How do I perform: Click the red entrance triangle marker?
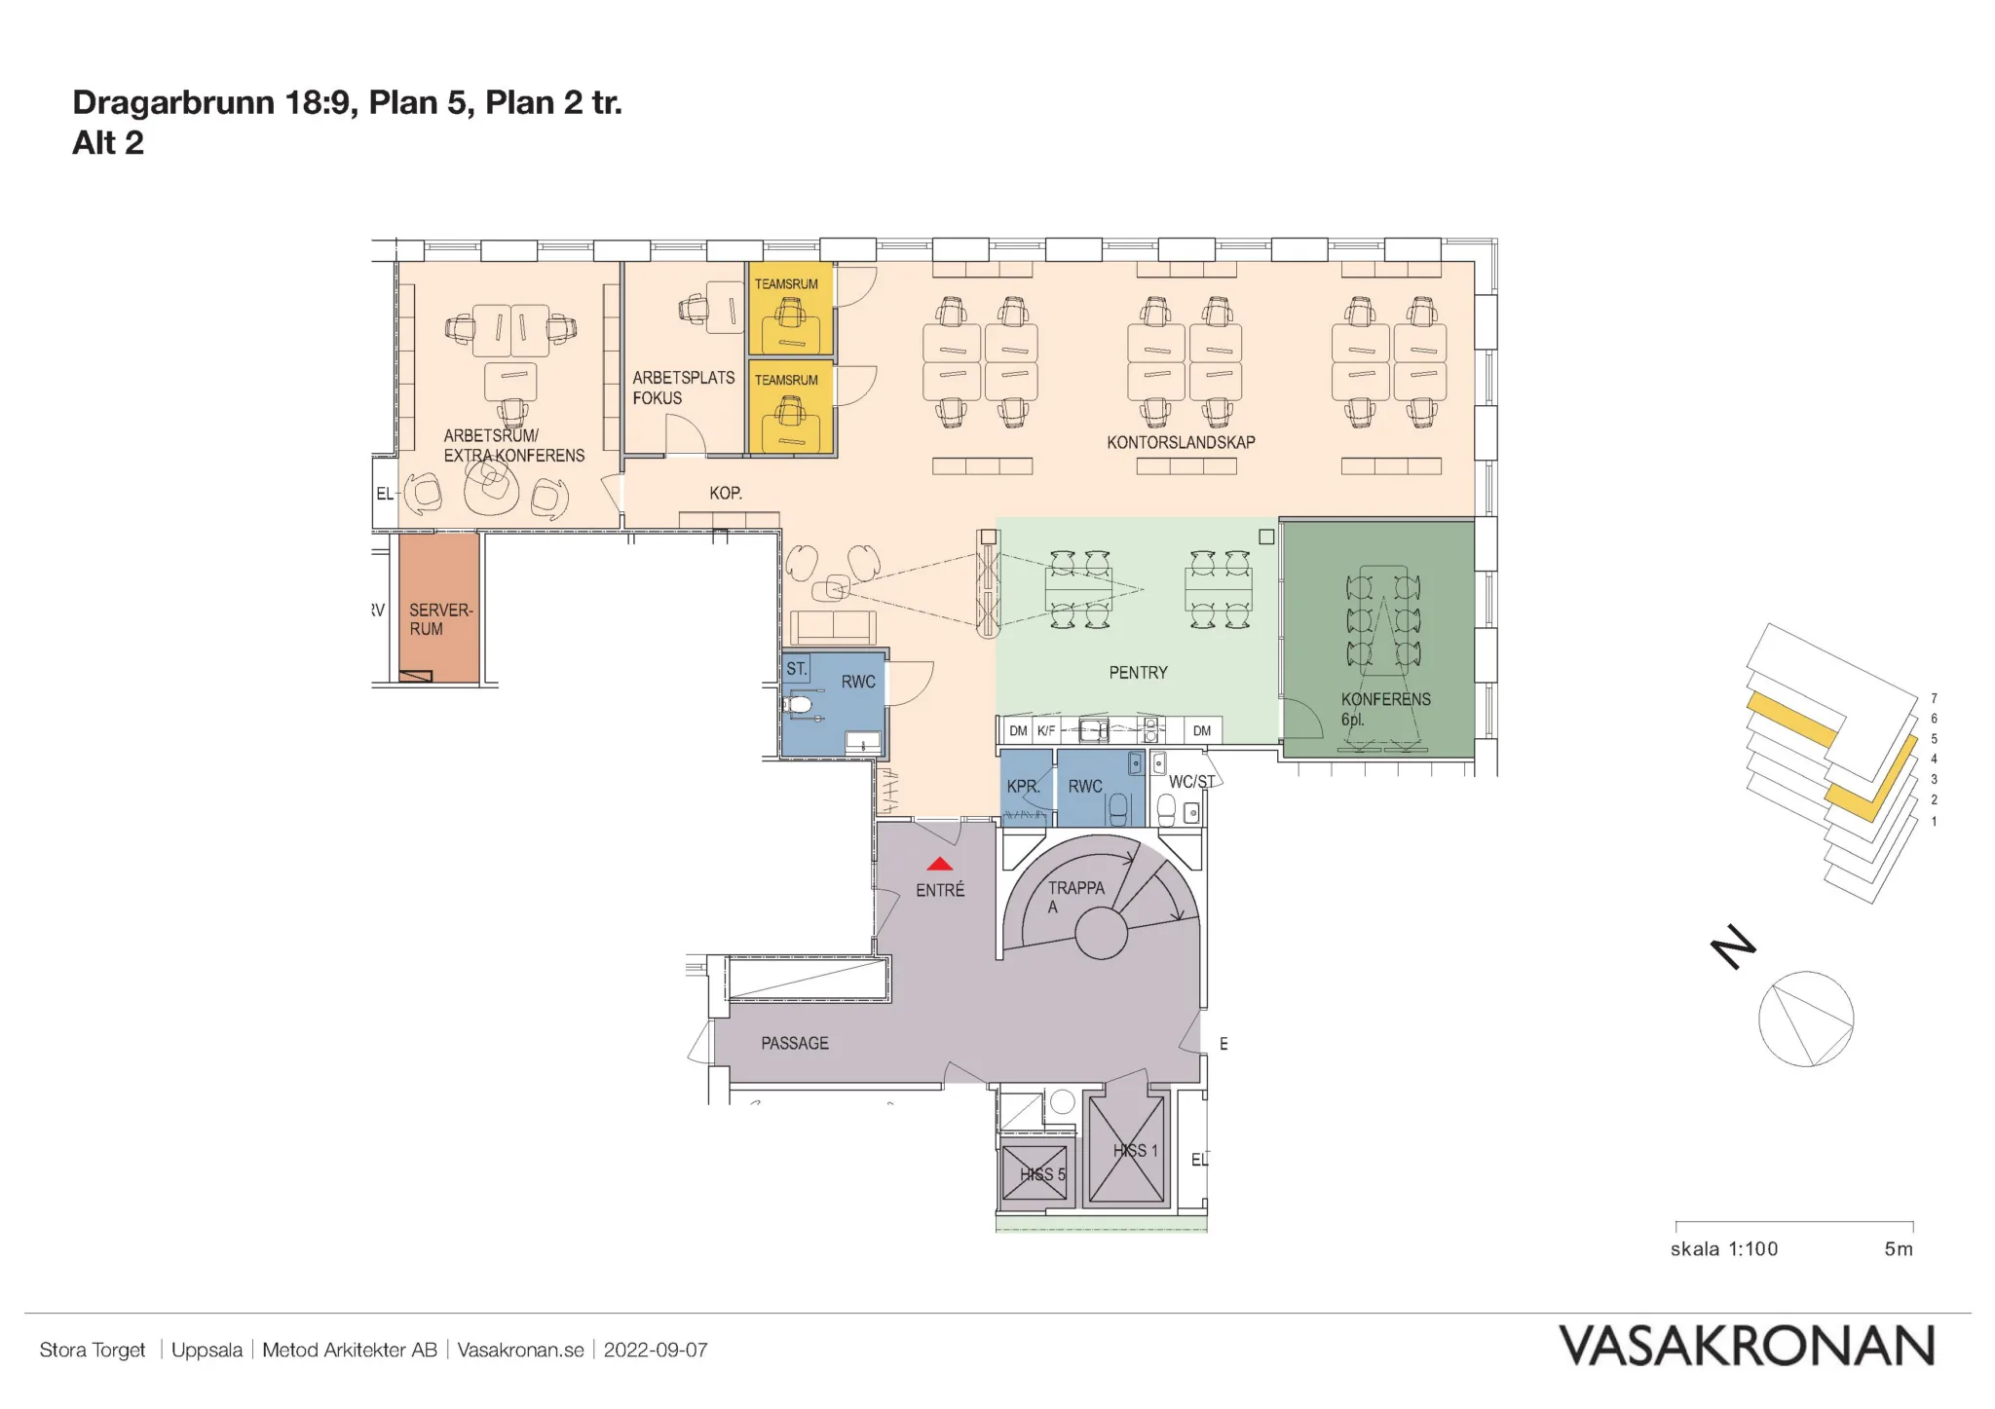click(939, 864)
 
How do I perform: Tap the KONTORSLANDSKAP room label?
click(1181, 442)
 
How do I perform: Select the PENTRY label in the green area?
click(1138, 673)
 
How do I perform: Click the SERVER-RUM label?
click(440, 619)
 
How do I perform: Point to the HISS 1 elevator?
click(1126, 1149)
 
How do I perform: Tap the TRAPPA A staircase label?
click(1075, 897)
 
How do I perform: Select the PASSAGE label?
click(795, 1043)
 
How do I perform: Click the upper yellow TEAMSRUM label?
click(786, 284)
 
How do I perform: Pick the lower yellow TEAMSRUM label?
click(786, 380)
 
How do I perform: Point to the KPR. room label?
click(1024, 786)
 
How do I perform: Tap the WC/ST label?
click(1191, 782)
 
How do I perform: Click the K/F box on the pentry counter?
click(1046, 730)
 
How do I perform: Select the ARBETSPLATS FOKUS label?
click(683, 388)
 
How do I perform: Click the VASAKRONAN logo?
click(1747, 1347)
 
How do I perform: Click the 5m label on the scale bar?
click(1899, 1249)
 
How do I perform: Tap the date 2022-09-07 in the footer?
click(656, 1350)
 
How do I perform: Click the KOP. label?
click(726, 493)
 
